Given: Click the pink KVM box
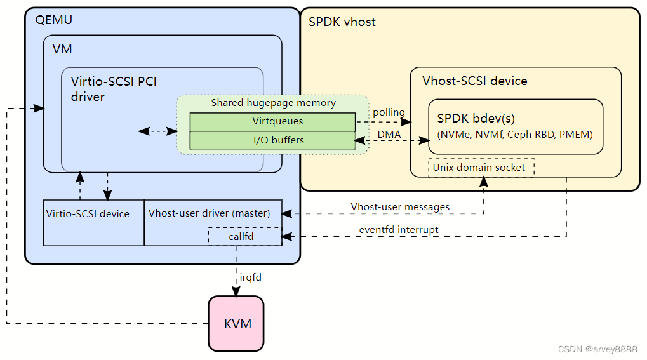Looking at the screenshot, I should point(236,324).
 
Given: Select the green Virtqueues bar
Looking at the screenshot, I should point(273,121).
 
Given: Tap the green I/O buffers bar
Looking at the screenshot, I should point(273,140).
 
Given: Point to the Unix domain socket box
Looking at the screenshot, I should point(481,168).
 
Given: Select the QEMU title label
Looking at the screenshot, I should point(53,20).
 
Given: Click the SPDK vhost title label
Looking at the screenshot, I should point(342,22).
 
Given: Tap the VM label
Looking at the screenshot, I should point(62,49).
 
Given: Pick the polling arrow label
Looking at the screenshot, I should point(389,112).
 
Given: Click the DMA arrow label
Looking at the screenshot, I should point(389,134).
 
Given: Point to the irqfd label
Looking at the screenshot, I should point(250,277).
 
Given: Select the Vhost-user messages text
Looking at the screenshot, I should point(400,207).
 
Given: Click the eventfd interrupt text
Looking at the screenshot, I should point(398,229).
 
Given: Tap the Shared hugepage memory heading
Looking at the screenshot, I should point(273,103).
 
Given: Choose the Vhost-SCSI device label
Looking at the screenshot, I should point(474,81).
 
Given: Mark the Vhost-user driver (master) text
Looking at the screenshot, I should point(209,213).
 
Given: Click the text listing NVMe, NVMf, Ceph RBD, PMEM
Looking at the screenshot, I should point(515,134).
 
